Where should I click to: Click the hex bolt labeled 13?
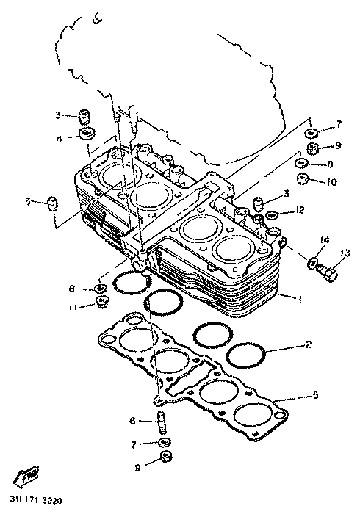coord(328,272)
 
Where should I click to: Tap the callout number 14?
coord(324,239)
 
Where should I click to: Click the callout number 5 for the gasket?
coord(315,394)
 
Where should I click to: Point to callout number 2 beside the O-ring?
coord(308,344)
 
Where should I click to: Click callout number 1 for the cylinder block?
coord(300,300)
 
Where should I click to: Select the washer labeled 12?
coord(271,215)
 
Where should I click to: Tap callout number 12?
coord(300,209)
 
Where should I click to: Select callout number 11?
coord(73,307)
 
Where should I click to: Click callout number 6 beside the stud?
coord(132,421)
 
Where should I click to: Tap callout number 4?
coord(59,140)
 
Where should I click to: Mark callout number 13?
coord(345,253)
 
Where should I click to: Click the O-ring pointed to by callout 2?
coord(247,357)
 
